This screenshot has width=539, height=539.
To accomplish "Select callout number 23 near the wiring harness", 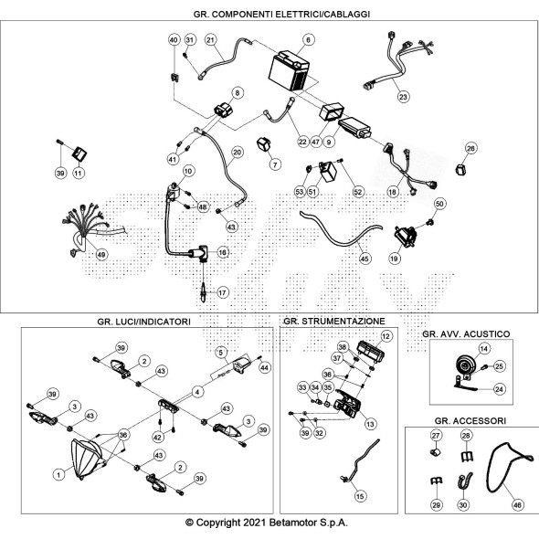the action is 403,97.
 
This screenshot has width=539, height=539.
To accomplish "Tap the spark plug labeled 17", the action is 204,292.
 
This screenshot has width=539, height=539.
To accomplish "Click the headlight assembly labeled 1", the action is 86,459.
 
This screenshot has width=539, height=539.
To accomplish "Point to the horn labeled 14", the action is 465,366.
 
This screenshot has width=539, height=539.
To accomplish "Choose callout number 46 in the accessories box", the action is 517,505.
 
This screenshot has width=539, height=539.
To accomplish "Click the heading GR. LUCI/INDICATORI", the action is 143,322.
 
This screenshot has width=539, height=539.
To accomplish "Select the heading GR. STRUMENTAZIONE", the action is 334,321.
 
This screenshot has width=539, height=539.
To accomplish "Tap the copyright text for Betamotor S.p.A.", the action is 267,523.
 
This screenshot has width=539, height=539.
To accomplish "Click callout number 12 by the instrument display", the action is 386,336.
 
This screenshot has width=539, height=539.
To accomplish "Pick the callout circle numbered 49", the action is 100,255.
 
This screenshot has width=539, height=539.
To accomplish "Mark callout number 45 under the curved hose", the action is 365,259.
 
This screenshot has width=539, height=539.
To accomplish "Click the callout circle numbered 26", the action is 470,148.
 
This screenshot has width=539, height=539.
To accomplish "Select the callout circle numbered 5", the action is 221,352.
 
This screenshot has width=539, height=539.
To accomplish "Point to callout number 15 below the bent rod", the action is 360,496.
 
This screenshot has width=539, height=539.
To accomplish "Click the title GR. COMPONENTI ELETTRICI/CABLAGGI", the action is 281,14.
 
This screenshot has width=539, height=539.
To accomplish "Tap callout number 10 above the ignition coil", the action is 188,171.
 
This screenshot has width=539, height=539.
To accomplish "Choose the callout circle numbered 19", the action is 395,259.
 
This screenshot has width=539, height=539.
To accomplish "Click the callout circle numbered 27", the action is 436,436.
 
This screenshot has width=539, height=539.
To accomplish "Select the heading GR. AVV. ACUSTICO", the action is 466,333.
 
